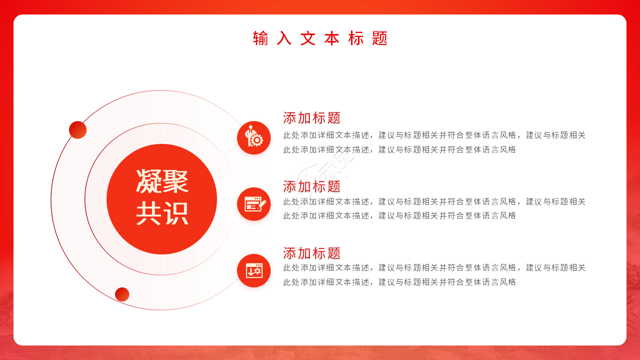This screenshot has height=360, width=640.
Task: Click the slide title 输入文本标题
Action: point(320,38)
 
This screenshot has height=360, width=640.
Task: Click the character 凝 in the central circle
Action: point(148,181)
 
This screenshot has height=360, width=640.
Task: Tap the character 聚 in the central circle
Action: point(175,181)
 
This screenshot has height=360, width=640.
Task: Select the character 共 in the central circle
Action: point(148,213)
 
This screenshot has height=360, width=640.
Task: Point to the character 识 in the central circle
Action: point(175,213)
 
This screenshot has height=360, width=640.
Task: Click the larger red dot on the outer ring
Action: point(77,130)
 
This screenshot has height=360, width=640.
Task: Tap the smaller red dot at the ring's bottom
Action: point(122,294)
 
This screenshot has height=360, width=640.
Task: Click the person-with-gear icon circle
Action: point(253,137)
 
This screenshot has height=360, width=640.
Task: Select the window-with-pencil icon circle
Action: point(253,204)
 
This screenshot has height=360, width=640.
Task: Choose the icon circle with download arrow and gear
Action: point(253,270)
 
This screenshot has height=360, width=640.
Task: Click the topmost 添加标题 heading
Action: point(311,118)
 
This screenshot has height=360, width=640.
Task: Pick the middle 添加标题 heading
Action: point(311,186)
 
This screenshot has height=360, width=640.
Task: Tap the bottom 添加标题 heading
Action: point(311,253)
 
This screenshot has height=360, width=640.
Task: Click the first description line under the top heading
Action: point(434,135)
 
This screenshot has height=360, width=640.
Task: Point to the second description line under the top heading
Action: point(399,149)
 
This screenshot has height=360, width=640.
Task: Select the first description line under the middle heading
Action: point(434,201)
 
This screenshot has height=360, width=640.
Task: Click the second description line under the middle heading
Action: point(399,215)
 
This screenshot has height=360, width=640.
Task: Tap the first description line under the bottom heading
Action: point(434,267)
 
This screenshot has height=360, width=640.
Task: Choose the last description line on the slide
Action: point(399,282)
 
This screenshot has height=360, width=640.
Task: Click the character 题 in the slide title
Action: point(380,38)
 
